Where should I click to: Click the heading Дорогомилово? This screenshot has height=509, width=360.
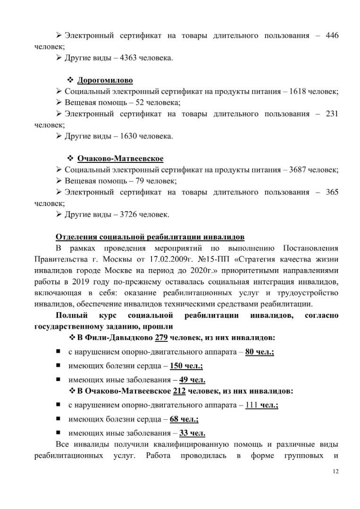[x=105, y=79]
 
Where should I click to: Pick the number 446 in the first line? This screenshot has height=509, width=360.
[x=332, y=36]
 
